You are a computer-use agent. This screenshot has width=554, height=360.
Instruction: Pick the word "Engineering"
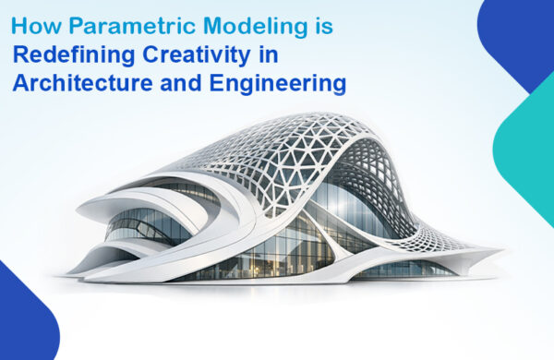(x=281, y=84)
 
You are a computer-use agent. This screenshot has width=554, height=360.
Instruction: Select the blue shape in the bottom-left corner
(x=23, y=318)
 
